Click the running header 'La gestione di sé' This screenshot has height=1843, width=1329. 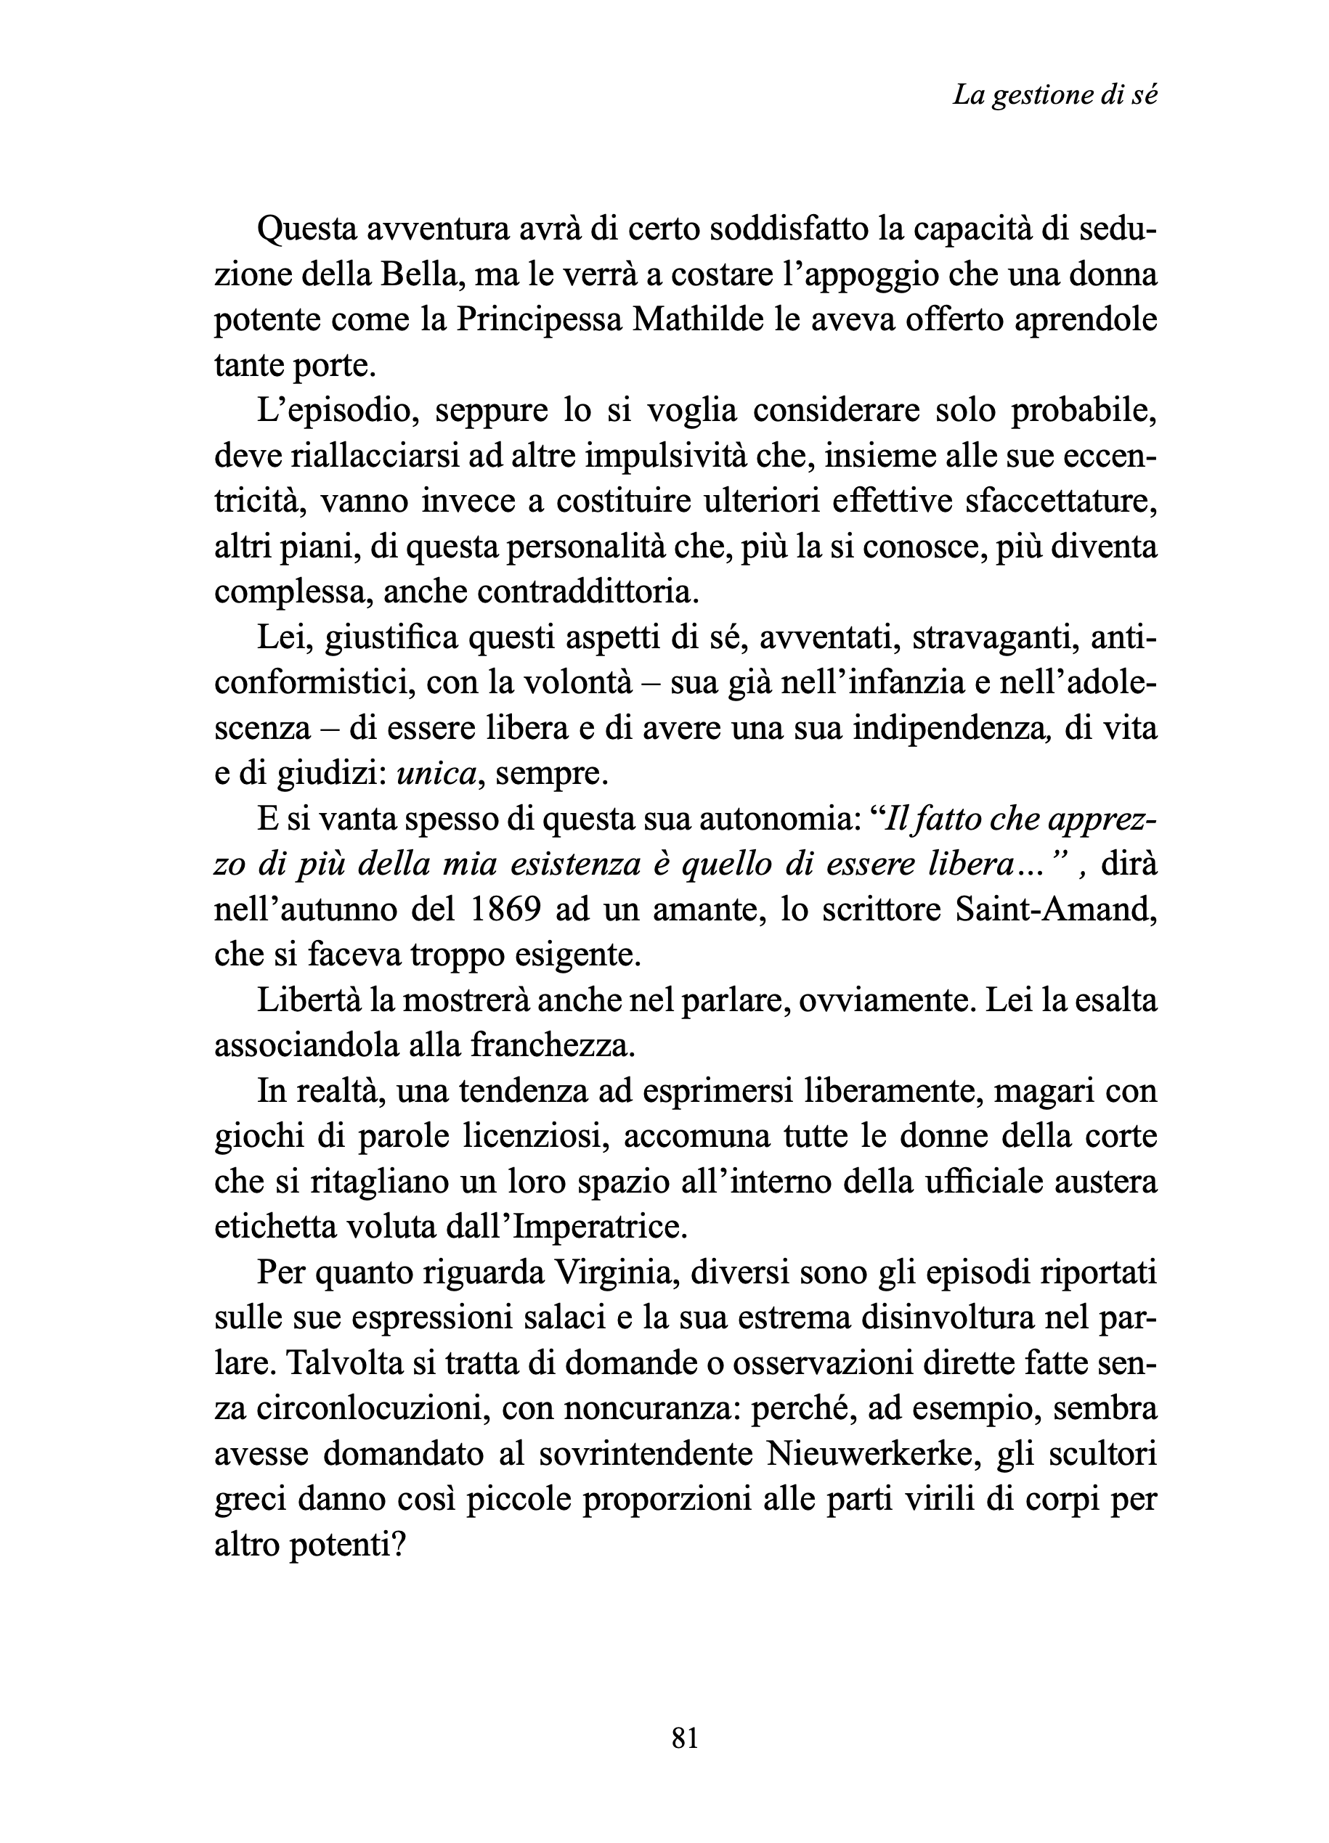pos(1055,96)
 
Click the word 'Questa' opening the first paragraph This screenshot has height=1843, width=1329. pos(305,231)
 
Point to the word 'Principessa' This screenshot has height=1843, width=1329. pos(538,320)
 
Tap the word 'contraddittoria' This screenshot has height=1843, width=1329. pos(586,592)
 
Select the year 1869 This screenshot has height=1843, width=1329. pos(505,910)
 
